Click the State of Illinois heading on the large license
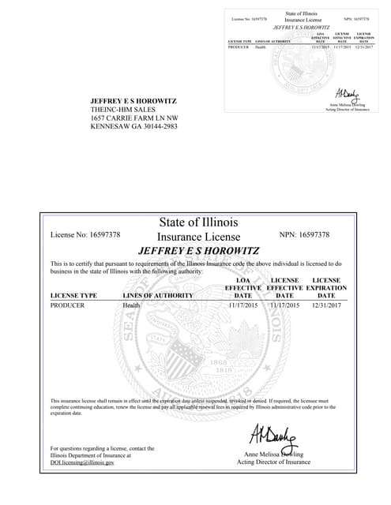coord(198,223)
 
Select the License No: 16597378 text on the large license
coord(85,235)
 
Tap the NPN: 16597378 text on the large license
coord(304,235)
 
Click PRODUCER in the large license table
coord(67,305)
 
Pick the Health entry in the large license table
coord(131,305)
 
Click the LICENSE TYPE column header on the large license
coord(73,295)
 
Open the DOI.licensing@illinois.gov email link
coord(82,462)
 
